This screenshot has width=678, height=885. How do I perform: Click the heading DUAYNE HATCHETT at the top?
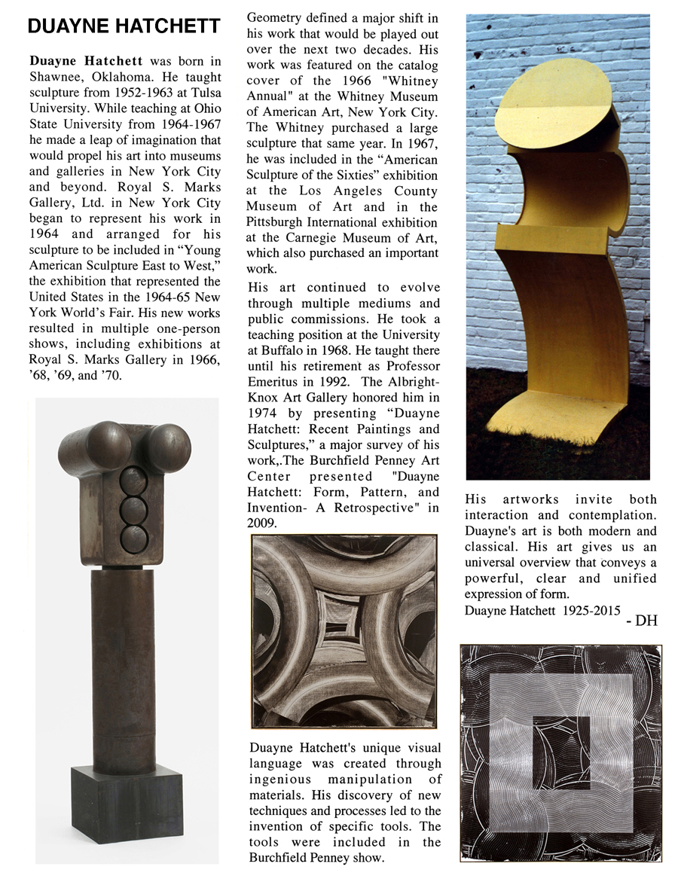pyautogui.click(x=124, y=28)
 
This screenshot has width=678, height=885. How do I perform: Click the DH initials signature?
pyautogui.click(x=642, y=621)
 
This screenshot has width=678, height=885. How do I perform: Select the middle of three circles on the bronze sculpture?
pyautogui.click(x=135, y=507)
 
